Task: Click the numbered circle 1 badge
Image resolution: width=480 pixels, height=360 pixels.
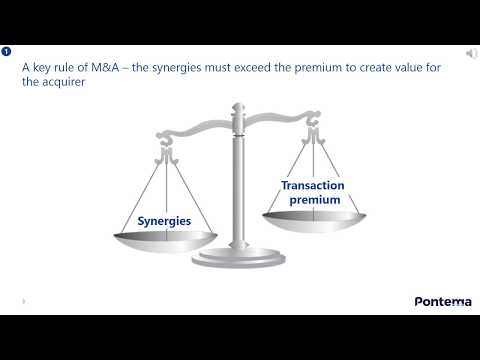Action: [x=7, y=51]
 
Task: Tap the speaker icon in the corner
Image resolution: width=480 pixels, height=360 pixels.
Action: [x=471, y=52]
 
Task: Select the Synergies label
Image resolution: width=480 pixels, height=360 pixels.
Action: [x=163, y=220]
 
